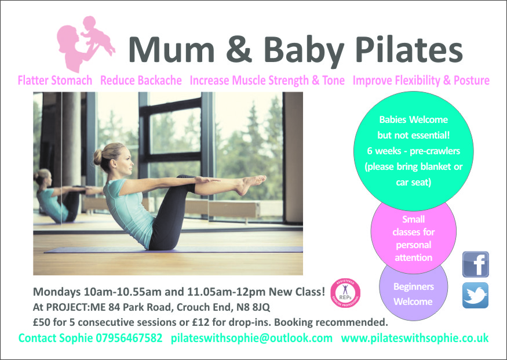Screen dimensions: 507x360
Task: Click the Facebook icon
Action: click(x=475, y=264)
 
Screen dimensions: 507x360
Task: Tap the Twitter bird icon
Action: click(x=475, y=295)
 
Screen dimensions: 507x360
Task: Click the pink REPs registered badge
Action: click(x=345, y=293)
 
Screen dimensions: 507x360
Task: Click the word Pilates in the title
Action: click(x=409, y=49)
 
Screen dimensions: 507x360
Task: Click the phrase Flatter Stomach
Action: click(x=55, y=80)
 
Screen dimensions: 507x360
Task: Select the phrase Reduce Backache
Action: click(x=141, y=80)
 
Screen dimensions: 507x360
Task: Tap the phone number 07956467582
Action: click(x=129, y=338)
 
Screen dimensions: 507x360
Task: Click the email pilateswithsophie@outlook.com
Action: click(x=251, y=339)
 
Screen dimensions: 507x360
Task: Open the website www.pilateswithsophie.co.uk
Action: click(x=415, y=339)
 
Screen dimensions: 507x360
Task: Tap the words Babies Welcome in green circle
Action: click(x=414, y=119)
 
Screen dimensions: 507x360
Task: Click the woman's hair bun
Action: click(x=98, y=157)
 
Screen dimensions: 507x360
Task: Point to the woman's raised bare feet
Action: click(x=251, y=184)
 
